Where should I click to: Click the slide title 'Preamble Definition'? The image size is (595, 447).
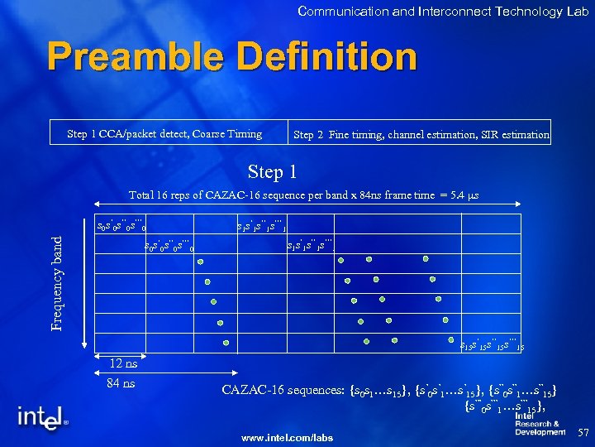[x=232, y=58]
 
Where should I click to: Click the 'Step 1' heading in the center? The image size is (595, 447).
[x=274, y=172]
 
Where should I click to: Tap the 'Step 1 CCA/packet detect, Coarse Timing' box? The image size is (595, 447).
[x=164, y=134]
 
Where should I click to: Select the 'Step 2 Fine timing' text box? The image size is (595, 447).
[x=421, y=135]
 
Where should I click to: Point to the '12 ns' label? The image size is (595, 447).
[x=123, y=363]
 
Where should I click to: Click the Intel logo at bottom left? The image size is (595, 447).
[x=41, y=418]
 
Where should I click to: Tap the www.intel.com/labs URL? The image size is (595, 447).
[x=287, y=437]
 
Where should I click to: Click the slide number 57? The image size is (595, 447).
[x=583, y=433]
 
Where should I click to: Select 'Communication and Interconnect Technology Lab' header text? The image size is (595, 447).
[x=443, y=11]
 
